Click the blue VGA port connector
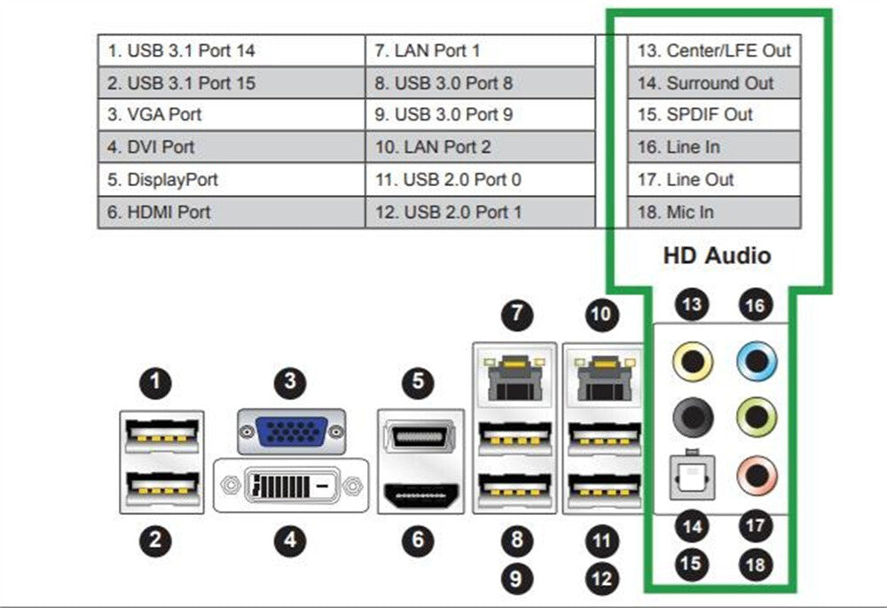(x=290, y=432)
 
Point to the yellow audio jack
(x=692, y=362)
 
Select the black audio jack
(x=692, y=414)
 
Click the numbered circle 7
(x=516, y=313)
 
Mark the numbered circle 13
(x=692, y=305)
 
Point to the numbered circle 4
(x=290, y=539)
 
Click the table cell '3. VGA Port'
(x=231, y=114)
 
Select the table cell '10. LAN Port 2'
(x=479, y=147)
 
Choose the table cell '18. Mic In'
(x=714, y=212)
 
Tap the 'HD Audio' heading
(x=717, y=256)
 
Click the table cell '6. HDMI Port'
(x=231, y=212)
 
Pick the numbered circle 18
(x=755, y=563)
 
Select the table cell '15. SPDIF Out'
(x=714, y=114)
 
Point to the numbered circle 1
(x=156, y=383)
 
